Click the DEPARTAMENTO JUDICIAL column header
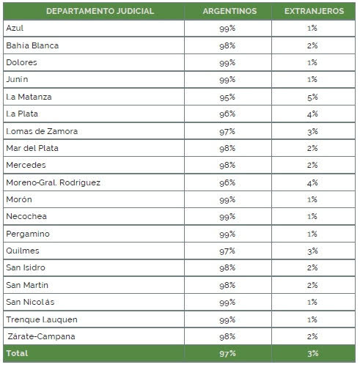tap(100, 11)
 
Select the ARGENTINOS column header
tap(229, 11)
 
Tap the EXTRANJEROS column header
tap(314, 11)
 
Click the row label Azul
tap(15, 28)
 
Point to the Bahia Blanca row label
tap(32, 45)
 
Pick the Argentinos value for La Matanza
tap(227, 97)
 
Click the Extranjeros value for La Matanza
tap(312, 97)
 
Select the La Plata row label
tap(22, 114)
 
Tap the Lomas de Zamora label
tap(42, 131)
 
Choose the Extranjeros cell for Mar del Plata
tap(312, 148)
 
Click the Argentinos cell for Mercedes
tap(227, 165)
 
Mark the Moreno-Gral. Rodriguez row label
tap(54, 182)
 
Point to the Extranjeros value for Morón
tap(312, 199)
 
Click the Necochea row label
tap(26, 216)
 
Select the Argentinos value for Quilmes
tap(227, 251)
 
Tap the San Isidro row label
tap(26, 267)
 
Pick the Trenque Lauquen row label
tap(42, 319)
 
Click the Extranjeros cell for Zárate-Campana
tap(312, 336)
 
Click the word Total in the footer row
tap(17, 353)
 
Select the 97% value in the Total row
tap(227, 354)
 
